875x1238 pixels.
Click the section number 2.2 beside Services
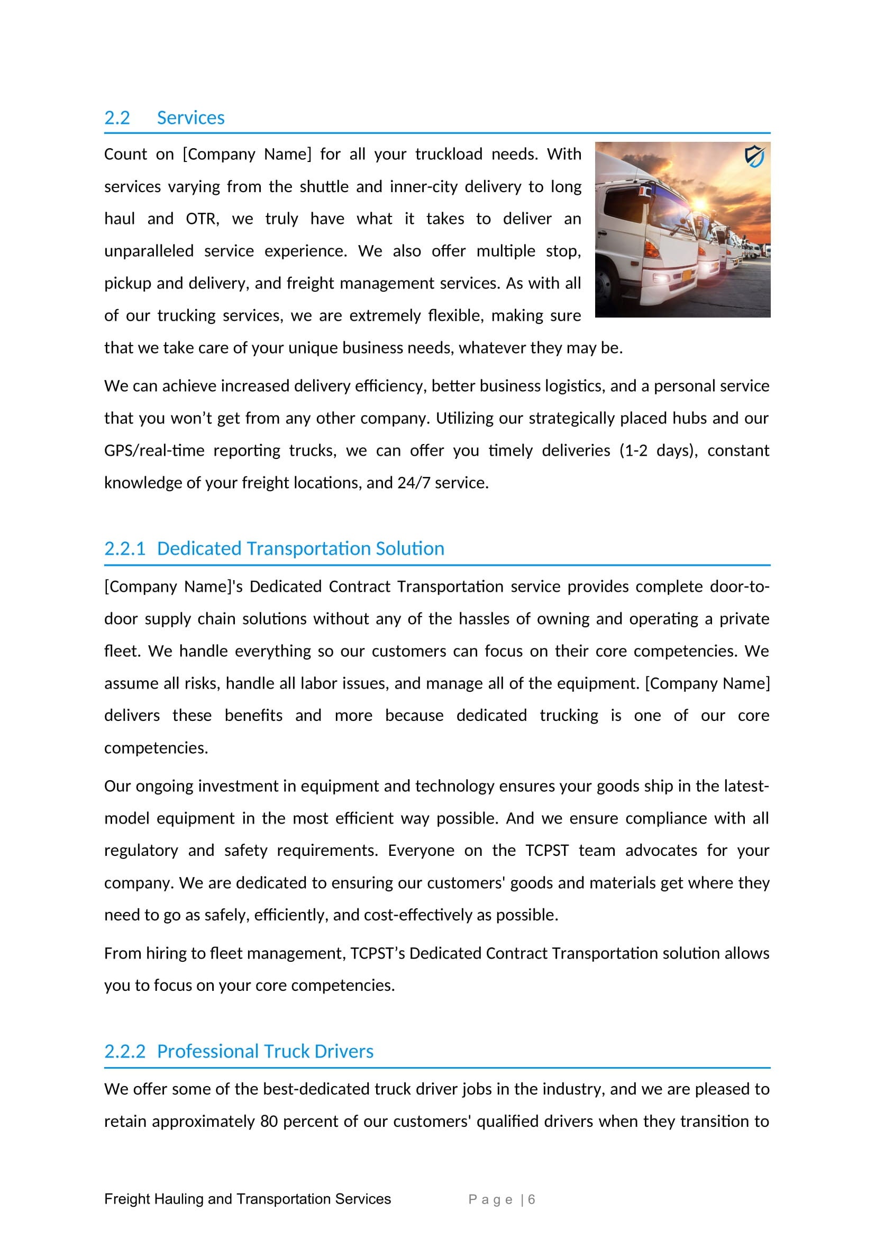click(117, 118)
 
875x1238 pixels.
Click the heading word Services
click(191, 118)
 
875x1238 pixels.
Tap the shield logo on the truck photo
click(754, 156)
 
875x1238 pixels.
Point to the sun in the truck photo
click(700, 205)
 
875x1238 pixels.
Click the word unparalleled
click(149, 251)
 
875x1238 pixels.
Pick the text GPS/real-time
click(154, 450)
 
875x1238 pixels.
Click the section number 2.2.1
click(124, 548)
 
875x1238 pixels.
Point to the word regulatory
click(141, 851)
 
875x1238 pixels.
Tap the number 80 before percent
click(269, 1121)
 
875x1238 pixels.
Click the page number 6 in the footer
click(531, 1199)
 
